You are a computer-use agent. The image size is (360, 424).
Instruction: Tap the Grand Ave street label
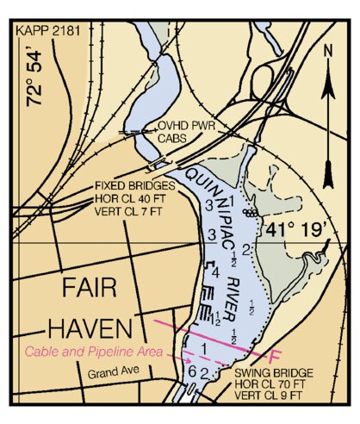click(112, 375)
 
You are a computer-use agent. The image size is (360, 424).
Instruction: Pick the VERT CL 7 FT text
click(130, 209)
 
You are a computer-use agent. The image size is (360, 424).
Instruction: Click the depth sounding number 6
click(191, 371)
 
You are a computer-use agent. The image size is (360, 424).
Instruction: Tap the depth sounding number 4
click(215, 273)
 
